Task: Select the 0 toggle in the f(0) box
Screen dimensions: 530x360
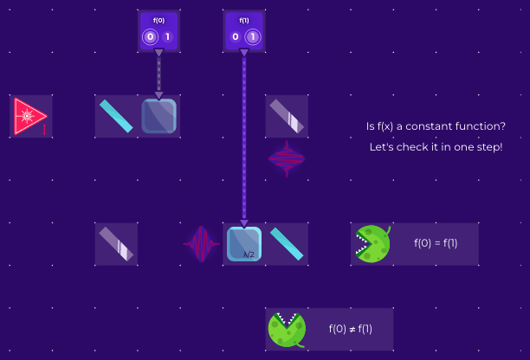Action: [x=151, y=37]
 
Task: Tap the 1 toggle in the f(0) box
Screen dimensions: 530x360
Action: [x=167, y=37]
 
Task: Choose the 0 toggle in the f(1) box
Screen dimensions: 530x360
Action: [x=236, y=37]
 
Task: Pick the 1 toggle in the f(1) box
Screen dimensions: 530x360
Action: [x=253, y=37]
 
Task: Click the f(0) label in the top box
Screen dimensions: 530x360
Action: [x=158, y=20]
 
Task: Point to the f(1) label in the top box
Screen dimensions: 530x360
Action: [x=244, y=20]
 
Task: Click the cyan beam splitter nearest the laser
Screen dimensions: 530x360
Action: [x=116, y=116]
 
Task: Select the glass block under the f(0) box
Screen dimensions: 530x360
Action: [x=159, y=116]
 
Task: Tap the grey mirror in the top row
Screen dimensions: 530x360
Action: [x=287, y=116]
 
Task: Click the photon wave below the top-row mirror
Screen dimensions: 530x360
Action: [x=287, y=159]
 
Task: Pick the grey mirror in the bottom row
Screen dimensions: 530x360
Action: [x=116, y=244]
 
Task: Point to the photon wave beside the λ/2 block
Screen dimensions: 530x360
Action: [x=201, y=244]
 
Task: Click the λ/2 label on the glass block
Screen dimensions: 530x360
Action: [x=249, y=254]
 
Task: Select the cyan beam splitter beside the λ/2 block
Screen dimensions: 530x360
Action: [x=287, y=244]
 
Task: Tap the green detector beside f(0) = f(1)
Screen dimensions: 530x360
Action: [x=372, y=244]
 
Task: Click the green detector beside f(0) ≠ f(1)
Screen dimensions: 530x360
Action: [x=287, y=329]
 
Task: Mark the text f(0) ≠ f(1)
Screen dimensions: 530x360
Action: [x=351, y=329]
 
